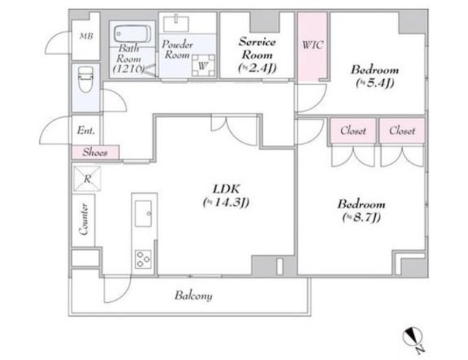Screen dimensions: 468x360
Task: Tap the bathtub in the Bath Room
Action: point(132,34)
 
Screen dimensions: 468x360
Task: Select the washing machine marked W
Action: point(203,65)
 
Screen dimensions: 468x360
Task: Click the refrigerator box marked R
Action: point(87,179)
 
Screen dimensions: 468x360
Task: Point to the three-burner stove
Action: point(143,259)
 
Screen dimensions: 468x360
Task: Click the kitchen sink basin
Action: point(143,214)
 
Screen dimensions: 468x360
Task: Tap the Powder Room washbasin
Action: point(176,23)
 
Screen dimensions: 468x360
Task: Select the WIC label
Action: point(312,45)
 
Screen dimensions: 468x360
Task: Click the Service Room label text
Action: point(257,48)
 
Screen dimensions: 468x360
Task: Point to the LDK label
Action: point(226,189)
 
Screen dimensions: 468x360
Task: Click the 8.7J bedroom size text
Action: point(361,217)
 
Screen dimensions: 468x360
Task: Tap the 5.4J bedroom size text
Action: point(375,83)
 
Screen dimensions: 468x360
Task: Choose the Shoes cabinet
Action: point(95,152)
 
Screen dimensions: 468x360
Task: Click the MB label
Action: point(86,36)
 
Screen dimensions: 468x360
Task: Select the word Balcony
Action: point(194,296)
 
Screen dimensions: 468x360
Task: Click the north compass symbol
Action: point(412,337)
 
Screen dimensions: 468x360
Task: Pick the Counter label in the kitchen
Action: point(83,219)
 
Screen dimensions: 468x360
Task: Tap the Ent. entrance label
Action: point(86,130)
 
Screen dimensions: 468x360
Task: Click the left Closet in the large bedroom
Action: point(352,130)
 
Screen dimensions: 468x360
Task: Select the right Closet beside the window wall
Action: point(401,130)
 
